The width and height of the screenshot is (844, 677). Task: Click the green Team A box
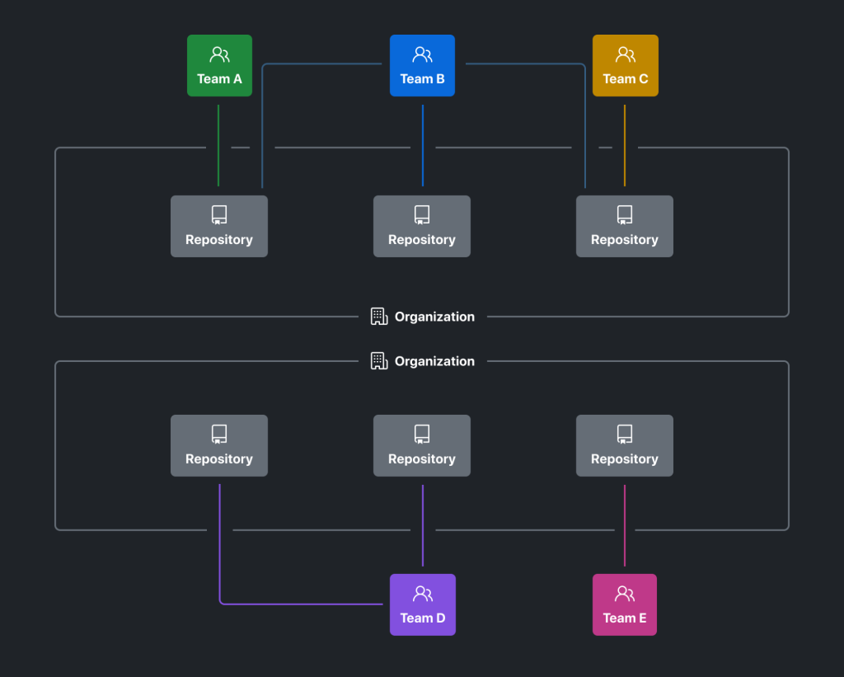click(219, 66)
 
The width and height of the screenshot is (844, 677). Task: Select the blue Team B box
click(422, 66)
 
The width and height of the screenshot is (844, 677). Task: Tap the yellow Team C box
click(625, 66)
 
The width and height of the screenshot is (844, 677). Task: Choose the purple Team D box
click(422, 604)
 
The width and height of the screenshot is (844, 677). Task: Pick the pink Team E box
click(625, 604)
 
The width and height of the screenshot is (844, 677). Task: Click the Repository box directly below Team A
click(219, 226)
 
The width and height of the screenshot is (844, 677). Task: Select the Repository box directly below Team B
click(422, 226)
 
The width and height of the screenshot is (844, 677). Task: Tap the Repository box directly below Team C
click(625, 226)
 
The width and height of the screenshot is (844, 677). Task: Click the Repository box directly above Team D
click(422, 445)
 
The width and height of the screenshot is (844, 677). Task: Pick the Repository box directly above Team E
click(625, 445)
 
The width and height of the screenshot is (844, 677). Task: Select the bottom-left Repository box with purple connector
click(219, 445)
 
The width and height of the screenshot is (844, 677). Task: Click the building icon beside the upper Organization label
click(379, 317)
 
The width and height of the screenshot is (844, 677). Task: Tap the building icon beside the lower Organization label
click(379, 361)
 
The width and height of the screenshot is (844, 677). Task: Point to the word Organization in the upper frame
click(434, 317)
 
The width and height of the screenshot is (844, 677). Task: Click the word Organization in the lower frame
click(434, 361)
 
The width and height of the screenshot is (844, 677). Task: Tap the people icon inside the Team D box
click(423, 594)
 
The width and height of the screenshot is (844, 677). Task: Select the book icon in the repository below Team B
click(422, 215)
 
